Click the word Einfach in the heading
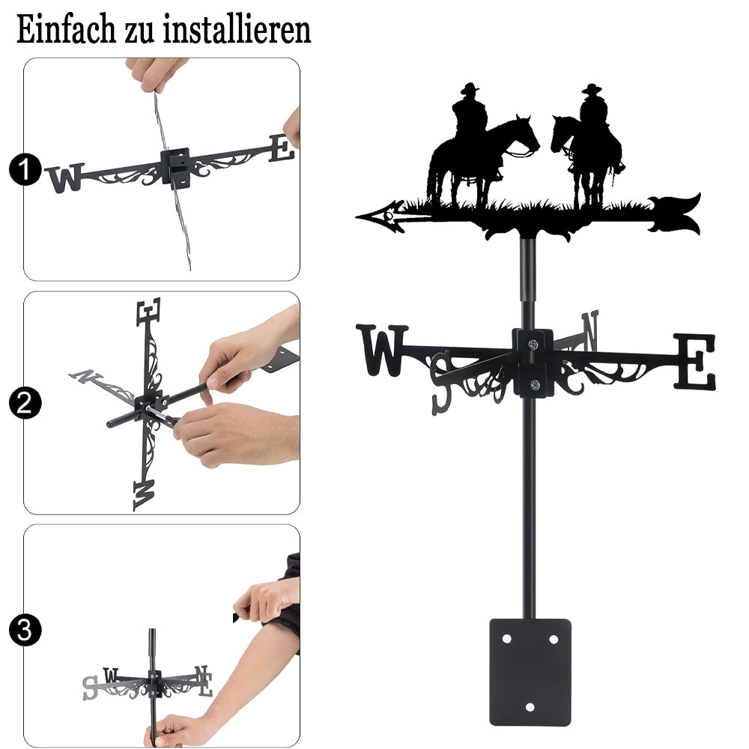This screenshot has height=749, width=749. pyautogui.click(x=66, y=30)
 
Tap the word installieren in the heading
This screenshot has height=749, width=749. pyautogui.click(x=237, y=30)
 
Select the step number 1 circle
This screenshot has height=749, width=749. pyautogui.click(x=25, y=169)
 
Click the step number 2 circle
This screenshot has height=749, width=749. pyautogui.click(x=25, y=403)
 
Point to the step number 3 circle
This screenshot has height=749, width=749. pyautogui.click(x=25, y=630)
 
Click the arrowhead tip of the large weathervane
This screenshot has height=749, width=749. pyautogui.click(x=357, y=218)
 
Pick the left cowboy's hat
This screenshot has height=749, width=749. pyautogui.click(x=470, y=88)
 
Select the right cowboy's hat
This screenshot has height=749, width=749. pyautogui.click(x=592, y=89)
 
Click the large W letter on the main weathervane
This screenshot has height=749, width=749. pyautogui.click(x=382, y=350)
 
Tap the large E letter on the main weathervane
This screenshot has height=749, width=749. pyautogui.click(x=695, y=361)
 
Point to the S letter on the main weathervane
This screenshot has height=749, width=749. pyautogui.click(x=441, y=383)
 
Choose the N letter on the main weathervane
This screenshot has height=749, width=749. pyautogui.click(x=590, y=329)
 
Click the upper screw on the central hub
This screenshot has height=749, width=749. pyautogui.click(x=533, y=344)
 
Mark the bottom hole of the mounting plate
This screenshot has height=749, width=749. pyautogui.click(x=530, y=707)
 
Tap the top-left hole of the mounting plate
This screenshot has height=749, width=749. pyautogui.click(x=506, y=639)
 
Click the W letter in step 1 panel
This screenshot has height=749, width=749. pyautogui.click(x=65, y=178)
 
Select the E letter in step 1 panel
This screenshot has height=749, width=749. pyautogui.click(x=282, y=148)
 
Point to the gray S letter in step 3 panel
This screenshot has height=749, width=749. pyautogui.click(x=90, y=688)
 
